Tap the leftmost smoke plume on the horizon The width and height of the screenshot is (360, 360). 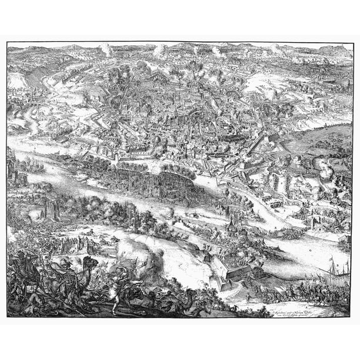click(105, 49)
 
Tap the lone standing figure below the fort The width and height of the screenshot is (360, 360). click(247, 300)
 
